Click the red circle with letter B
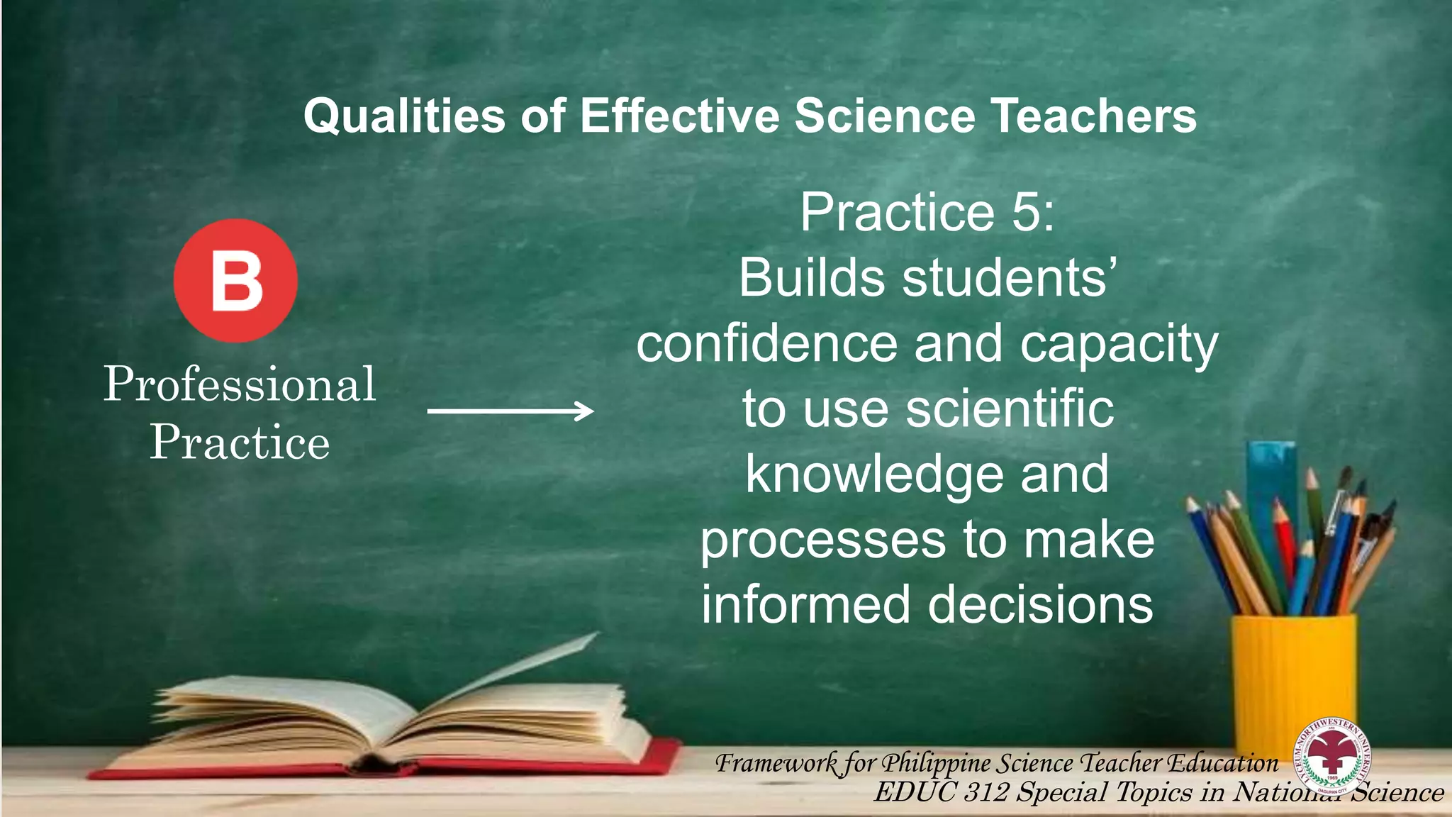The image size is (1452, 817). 235,281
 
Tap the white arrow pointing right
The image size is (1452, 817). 510,411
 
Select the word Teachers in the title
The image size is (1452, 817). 1093,116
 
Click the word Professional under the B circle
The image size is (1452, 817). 240,384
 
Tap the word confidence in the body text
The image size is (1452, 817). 766,343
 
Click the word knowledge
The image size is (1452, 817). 874,474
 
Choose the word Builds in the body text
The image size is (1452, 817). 812,277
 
